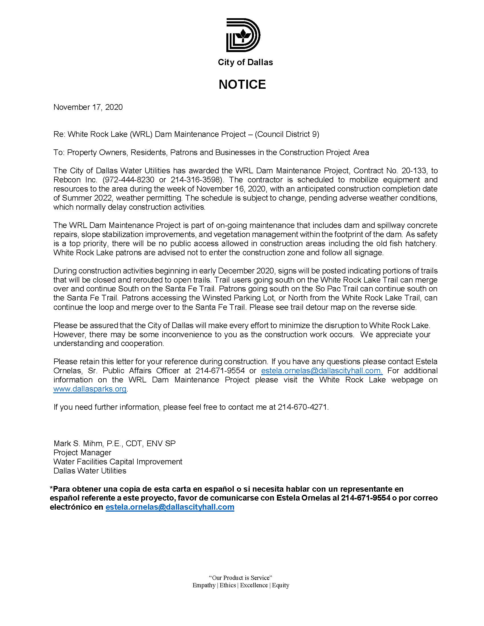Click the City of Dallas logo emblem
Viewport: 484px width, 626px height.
pyautogui.click(x=243, y=35)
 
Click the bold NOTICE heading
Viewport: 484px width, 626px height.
pyautogui.click(x=242, y=84)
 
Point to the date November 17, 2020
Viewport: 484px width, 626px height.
pyautogui.click(x=88, y=107)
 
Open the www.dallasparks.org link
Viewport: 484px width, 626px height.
pyautogui.click(x=90, y=389)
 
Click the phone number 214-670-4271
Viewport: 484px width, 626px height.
pyautogui.click(x=302, y=407)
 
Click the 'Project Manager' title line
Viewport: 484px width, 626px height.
pyautogui.click(x=82, y=453)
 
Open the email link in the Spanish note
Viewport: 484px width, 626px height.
pyautogui.click(x=170, y=507)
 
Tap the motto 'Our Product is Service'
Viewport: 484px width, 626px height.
pyautogui.click(x=240, y=578)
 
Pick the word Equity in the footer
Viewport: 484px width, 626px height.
pyautogui.click(x=280, y=585)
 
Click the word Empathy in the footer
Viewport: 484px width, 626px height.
pyautogui.click(x=204, y=585)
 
